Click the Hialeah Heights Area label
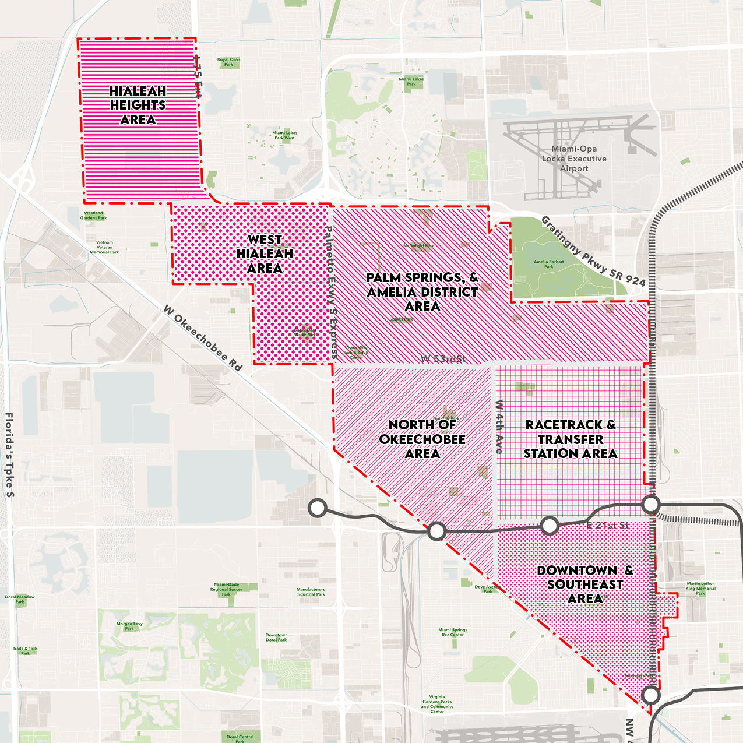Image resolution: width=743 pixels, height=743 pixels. pos(138,105)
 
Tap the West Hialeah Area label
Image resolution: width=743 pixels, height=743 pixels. pos(265,254)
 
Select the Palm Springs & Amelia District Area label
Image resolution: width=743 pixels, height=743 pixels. pos(422,292)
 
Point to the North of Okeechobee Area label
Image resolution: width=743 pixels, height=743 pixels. pos(422,439)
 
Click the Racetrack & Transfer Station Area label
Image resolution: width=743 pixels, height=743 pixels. pos(570,439)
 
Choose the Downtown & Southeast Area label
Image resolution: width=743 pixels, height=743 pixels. pos(585,584)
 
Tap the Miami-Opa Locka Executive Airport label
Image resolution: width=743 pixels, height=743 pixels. pos(574,159)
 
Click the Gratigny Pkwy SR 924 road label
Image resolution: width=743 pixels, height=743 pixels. pos(593,251)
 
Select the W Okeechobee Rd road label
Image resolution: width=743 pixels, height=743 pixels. pos(202,338)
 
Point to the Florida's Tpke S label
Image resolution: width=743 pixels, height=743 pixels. pos(9,455)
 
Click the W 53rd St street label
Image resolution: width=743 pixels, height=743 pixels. pos(443,359)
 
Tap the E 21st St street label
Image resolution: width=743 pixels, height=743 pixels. pos(607,525)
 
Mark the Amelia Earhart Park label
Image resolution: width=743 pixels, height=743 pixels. pos(548,264)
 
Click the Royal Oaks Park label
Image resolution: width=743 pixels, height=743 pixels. pos(228,62)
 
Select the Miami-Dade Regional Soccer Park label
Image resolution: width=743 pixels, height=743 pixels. pos(226,589)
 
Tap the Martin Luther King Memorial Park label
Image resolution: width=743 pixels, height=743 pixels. pos(700,588)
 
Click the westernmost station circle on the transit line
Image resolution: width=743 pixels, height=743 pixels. pos(318,508)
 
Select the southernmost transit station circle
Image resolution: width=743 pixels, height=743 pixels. pos(651,695)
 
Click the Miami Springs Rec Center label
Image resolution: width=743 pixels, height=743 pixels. pos(453,632)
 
